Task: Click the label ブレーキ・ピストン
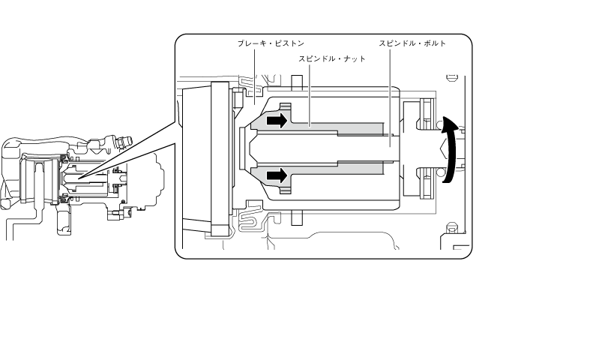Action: (x=271, y=43)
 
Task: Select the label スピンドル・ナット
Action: (x=332, y=59)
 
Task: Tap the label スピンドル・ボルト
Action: (x=412, y=43)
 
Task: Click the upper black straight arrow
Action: (x=277, y=121)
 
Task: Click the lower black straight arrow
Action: (x=277, y=175)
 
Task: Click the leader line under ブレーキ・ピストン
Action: (x=254, y=76)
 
